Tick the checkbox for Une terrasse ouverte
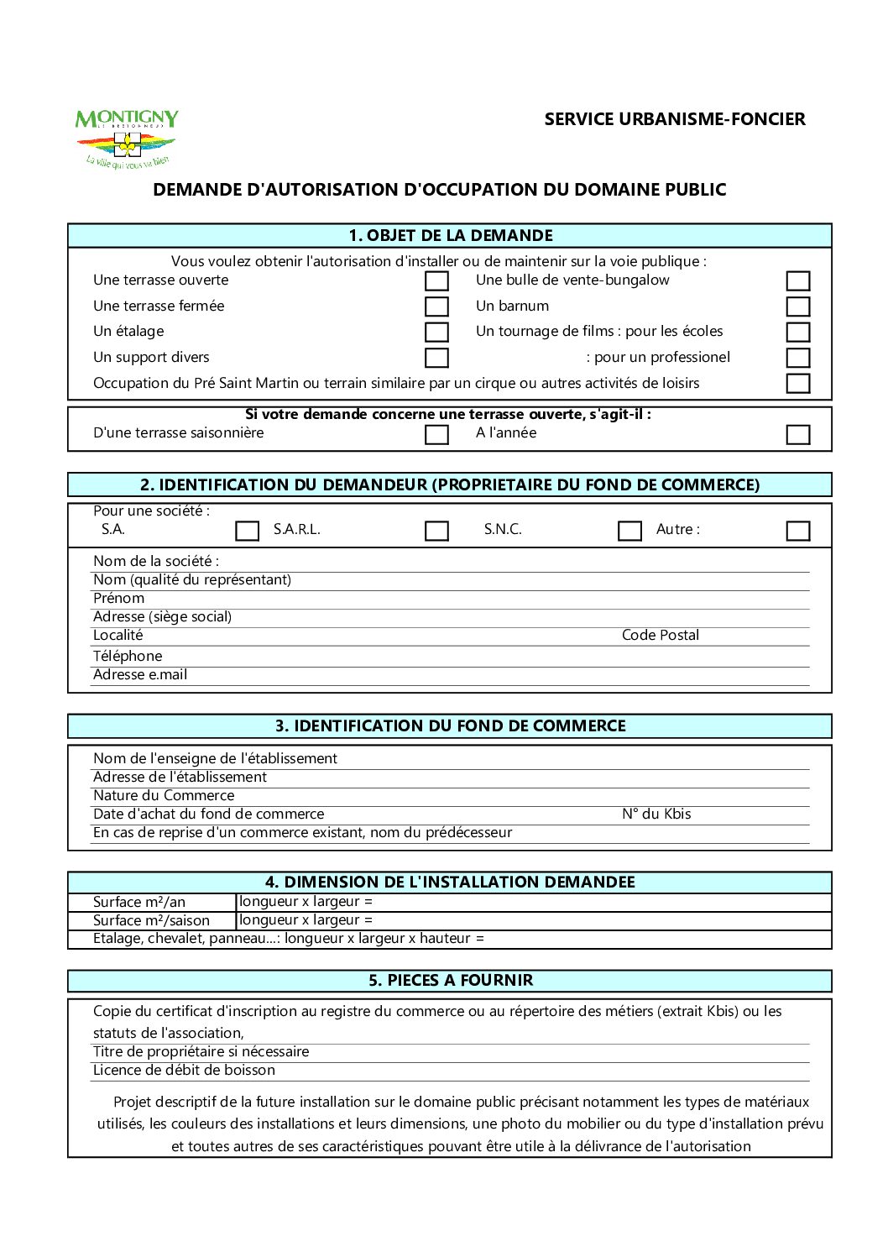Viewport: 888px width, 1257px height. pos(436,280)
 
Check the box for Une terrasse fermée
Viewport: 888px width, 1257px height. pos(436,306)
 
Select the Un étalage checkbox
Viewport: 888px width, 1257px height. pos(436,332)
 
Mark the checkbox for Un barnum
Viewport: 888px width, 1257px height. pos(797,306)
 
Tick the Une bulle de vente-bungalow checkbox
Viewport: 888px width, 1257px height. pos(797,280)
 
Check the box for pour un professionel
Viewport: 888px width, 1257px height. pos(797,358)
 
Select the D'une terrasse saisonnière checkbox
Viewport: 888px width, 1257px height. pos(436,434)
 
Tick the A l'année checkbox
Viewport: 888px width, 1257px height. pos(797,434)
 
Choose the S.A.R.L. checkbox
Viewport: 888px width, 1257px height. pos(436,531)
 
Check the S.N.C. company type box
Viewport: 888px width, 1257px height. pos(629,531)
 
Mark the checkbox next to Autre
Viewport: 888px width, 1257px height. pos(797,531)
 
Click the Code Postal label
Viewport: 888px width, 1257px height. pos(660,636)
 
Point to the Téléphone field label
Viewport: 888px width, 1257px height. pos(128,656)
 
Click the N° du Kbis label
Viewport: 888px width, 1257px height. pos(656,814)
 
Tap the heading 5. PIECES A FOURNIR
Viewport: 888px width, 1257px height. pos(450,980)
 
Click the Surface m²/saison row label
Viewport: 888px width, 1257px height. pos(151,920)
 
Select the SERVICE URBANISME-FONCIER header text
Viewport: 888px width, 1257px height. pos(674,119)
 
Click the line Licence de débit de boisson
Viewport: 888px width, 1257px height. pos(184,1070)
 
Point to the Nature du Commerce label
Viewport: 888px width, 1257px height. pos(164,795)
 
